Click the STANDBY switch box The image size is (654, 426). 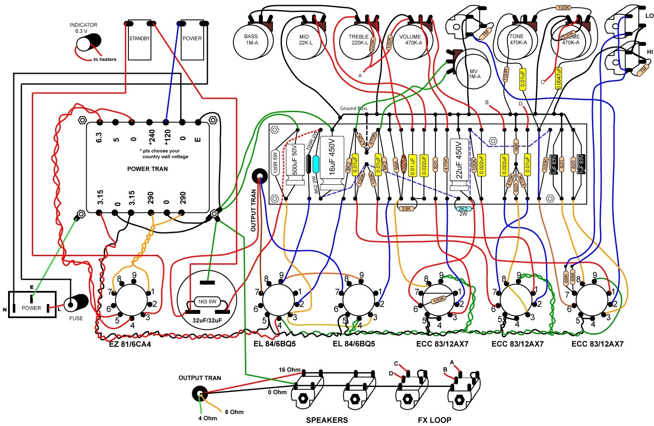139,40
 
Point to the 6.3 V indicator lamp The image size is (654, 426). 89,42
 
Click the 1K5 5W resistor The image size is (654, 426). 207,302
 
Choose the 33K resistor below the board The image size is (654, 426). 406,209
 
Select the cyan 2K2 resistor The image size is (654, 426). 463,209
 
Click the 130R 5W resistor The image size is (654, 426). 275,162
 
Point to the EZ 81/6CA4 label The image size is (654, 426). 130,344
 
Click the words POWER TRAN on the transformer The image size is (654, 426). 148,169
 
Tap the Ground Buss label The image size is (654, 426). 353,108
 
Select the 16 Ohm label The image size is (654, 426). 290,370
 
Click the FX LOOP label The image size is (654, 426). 434,420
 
